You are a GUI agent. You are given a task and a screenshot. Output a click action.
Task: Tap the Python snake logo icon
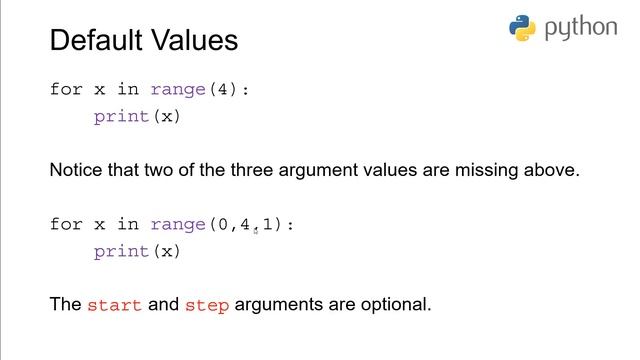pyautogui.click(x=523, y=28)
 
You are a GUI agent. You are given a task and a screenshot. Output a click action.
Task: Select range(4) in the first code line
pyautogui.click(x=194, y=89)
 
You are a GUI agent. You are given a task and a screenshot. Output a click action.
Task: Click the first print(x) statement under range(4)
pyautogui.click(x=137, y=116)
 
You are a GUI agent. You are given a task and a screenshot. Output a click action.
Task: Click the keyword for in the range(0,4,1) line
pyautogui.click(x=66, y=225)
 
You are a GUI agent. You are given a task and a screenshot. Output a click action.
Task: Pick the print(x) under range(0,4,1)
pyautogui.click(x=137, y=252)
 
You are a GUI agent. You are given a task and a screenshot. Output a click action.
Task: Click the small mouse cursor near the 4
pyautogui.click(x=255, y=230)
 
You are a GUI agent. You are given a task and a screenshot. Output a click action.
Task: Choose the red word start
pyautogui.click(x=115, y=304)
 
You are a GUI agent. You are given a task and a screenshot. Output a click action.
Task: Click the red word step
pyautogui.click(x=207, y=304)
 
